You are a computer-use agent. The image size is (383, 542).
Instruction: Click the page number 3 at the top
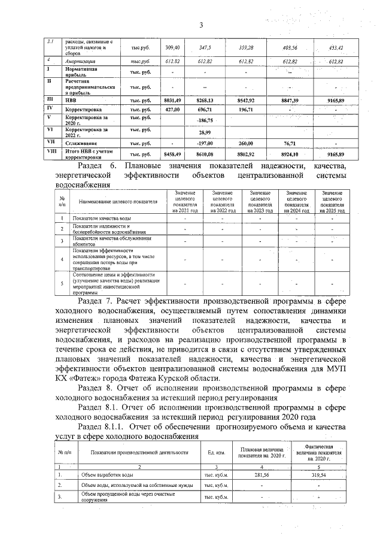click(x=202, y=25)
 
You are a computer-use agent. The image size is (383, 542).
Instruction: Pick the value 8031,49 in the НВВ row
click(x=172, y=101)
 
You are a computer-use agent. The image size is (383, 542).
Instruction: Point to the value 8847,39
click(x=293, y=101)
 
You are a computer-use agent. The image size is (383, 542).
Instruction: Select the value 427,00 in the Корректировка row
click(x=172, y=110)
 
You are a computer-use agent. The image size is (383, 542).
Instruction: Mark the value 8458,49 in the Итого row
click(x=172, y=154)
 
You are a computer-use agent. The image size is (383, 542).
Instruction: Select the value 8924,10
click(x=293, y=154)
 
